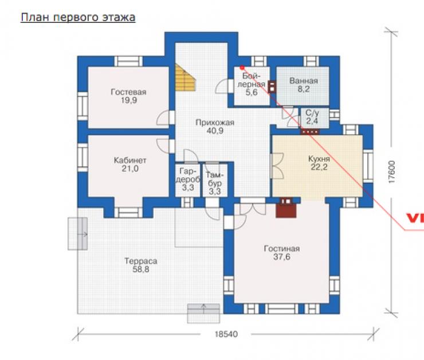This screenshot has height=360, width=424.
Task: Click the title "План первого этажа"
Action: coord(78,17)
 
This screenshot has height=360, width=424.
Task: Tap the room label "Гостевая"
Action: coord(128,92)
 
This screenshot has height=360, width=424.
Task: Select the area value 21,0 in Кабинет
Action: coord(130,169)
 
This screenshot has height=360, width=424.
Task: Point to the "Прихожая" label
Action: coord(215,123)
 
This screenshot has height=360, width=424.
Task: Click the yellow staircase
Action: coord(185,77)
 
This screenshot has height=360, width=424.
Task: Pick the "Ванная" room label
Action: coord(304,81)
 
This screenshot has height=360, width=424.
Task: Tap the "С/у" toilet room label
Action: coord(312,112)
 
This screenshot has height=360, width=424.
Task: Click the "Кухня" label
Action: coord(319,159)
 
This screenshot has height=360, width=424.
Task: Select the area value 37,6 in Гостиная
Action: coord(282,257)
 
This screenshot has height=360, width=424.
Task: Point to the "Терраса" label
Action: coord(140,261)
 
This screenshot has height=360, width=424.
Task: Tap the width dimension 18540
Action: coord(226,334)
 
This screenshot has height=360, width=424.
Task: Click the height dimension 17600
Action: coord(392,172)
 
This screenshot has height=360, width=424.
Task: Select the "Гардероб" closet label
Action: coord(188,175)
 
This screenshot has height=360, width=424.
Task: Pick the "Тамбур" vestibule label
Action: coord(215,179)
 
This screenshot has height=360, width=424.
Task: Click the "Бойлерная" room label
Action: coord(252,80)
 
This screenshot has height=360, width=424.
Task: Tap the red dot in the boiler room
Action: coord(242,68)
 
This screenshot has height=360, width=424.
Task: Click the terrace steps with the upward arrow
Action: coord(203,313)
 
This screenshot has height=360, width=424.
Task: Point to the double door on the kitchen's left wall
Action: coord(277,166)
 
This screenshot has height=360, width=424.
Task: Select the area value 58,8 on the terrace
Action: coord(141,269)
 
